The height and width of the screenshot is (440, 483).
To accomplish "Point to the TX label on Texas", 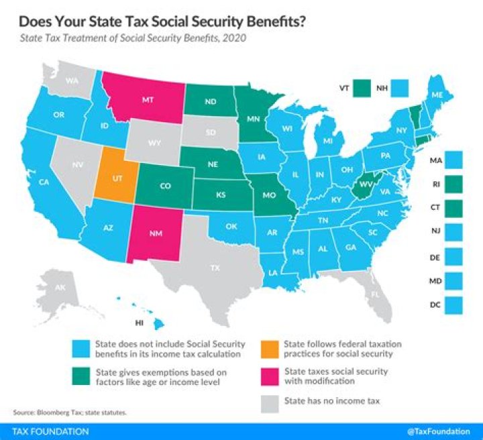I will tap(215, 268).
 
